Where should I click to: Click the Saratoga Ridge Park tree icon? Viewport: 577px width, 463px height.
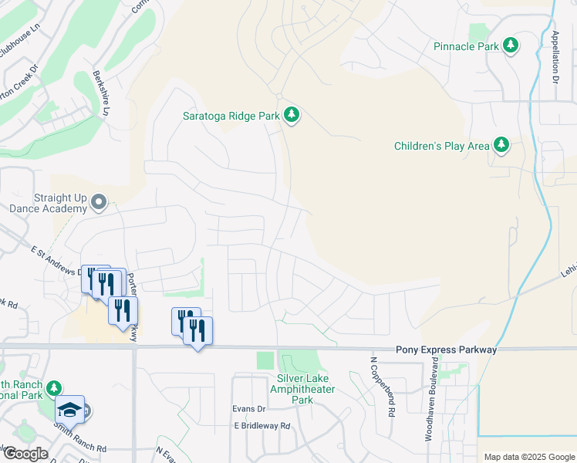click(291, 116)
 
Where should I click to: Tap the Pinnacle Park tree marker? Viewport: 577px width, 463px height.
click(510, 46)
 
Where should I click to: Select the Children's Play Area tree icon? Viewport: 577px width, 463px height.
click(501, 145)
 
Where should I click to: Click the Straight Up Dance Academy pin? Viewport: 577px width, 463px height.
click(98, 202)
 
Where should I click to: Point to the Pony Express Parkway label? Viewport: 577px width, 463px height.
click(447, 350)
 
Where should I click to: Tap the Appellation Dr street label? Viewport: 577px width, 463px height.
click(555, 56)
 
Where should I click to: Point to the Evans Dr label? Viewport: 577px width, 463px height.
click(249, 409)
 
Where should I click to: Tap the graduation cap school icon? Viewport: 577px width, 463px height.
click(69, 410)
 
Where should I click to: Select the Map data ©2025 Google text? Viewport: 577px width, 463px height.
click(528, 457)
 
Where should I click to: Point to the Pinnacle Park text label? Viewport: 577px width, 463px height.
click(466, 46)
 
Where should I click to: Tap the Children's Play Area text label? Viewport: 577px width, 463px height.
click(441, 145)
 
